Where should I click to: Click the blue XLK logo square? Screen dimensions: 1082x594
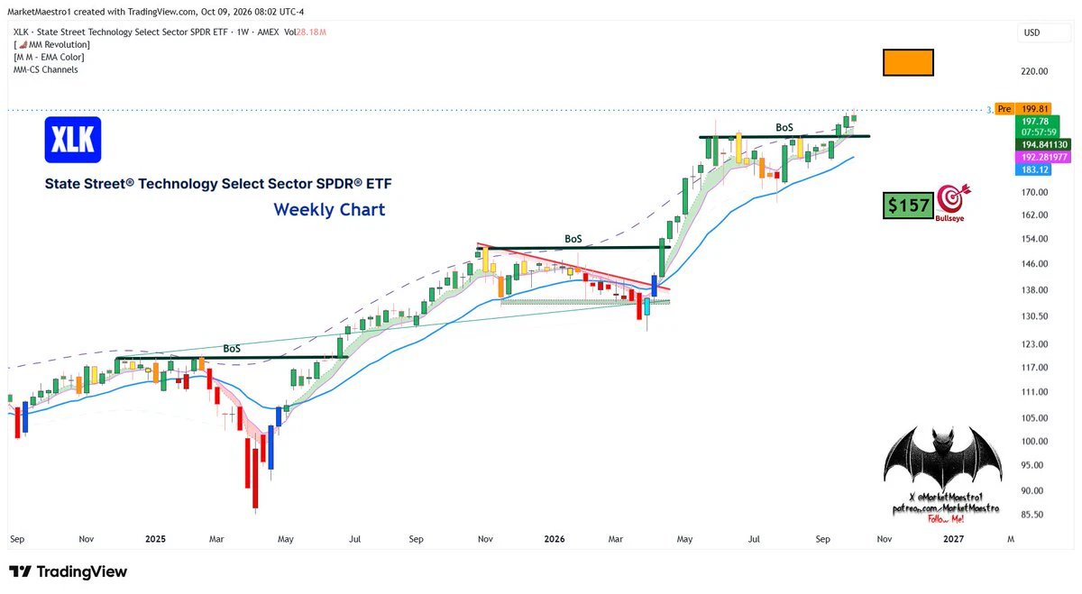coord(73,140)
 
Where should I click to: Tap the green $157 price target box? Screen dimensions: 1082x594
coord(908,206)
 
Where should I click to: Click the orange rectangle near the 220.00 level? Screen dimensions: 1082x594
coord(908,62)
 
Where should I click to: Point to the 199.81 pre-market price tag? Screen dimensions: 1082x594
coord(1033,109)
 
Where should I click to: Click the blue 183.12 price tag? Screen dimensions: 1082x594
coord(1033,169)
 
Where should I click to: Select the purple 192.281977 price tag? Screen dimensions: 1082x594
coord(1043,157)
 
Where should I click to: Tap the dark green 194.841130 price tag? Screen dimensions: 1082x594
coord(1043,144)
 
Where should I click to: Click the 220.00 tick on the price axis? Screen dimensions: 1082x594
coord(1034,71)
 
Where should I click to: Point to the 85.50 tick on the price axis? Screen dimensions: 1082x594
coord(1032,515)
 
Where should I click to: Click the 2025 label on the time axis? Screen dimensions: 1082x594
coord(155,539)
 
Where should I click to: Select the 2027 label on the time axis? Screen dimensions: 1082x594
coord(954,539)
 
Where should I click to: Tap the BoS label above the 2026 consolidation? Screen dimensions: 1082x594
coord(573,239)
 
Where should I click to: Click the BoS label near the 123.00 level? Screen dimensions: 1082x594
coord(232,348)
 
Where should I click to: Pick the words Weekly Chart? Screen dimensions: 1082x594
coord(329,210)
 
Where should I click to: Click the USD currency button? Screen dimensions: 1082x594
coord(1032,32)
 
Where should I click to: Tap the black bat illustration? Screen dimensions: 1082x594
coord(943,458)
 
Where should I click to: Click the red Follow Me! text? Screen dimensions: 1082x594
coord(946,519)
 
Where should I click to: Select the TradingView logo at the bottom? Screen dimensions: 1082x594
coord(69,571)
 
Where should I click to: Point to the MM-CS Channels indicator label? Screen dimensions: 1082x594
coord(46,69)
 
